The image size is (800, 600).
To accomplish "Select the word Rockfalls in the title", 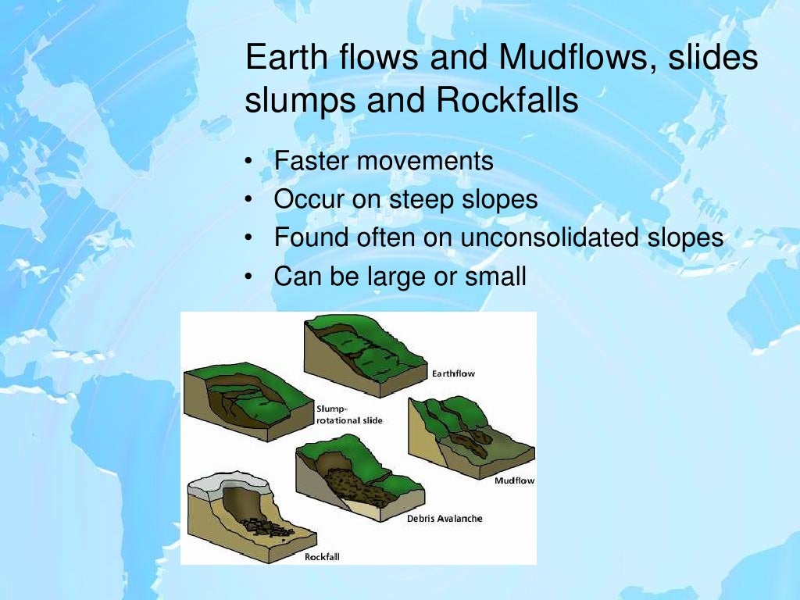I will pyautogui.click(x=507, y=101).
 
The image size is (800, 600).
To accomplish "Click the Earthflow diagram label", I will pyautogui.click(x=453, y=373).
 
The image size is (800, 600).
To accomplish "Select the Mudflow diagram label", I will pyautogui.click(x=514, y=480).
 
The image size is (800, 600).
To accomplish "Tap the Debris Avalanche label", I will pyautogui.click(x=445, y=519).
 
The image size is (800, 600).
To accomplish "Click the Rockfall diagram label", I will pyautogui.click(x=322, y=557).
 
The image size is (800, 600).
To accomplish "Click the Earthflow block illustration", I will pyautogui.click(x=363, y=352).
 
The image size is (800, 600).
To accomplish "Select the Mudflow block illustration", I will pyautogui.click(x=469, y=437).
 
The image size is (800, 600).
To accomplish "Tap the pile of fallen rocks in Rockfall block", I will pyautogui.click(x=266, y=527).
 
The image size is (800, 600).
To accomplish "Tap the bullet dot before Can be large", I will pyautogui.click(x=248, y=277).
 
